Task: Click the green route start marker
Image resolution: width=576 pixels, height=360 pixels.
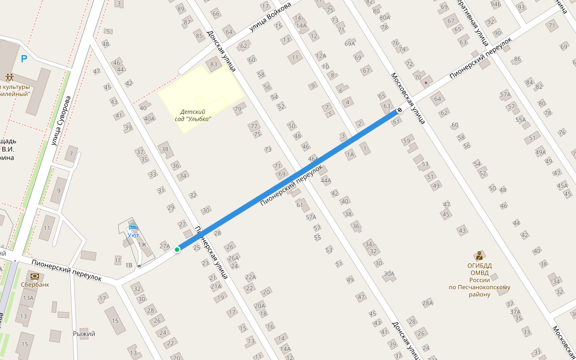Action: [x=177, y=249]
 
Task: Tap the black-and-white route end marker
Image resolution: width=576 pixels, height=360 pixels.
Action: [x=400, y=110]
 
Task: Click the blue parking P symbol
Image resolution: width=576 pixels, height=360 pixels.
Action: [x=24, y=59]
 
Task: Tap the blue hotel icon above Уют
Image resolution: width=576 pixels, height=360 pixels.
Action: [x=133, y=227]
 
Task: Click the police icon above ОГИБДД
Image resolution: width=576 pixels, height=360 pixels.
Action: [x=479, y=255]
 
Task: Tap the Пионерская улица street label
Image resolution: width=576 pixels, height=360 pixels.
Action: [x=211, y=253]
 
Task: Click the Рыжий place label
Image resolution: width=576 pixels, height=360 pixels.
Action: [x=84, y=334]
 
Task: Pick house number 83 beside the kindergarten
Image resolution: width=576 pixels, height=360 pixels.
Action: [x=213, y=64]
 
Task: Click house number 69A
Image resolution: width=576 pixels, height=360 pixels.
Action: [x=350, y=43]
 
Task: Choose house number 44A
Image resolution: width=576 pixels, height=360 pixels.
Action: [x=326, y=180]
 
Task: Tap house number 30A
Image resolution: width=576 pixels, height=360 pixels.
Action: [x=389, y=274]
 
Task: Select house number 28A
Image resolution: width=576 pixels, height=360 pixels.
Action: [x=427, y=303]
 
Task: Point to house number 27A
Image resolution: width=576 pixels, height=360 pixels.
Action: [x=165, y=246]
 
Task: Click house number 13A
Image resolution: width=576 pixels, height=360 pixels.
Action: [x=28, y=298]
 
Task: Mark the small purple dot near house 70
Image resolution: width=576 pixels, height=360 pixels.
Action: [x=426, y=82]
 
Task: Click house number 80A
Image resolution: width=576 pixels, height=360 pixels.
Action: [x=385, y=17]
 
